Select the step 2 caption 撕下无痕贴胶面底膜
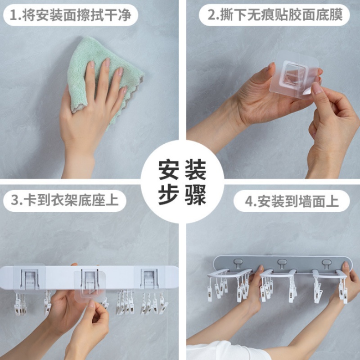281,15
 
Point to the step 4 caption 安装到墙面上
298,201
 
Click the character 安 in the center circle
168,169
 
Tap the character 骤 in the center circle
196,195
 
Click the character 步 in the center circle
168,195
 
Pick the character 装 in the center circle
196,169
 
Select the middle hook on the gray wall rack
282,264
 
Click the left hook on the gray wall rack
238,264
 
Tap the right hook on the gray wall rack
326,264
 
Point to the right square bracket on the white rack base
149,278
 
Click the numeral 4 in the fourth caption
249,202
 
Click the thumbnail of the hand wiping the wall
89,89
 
